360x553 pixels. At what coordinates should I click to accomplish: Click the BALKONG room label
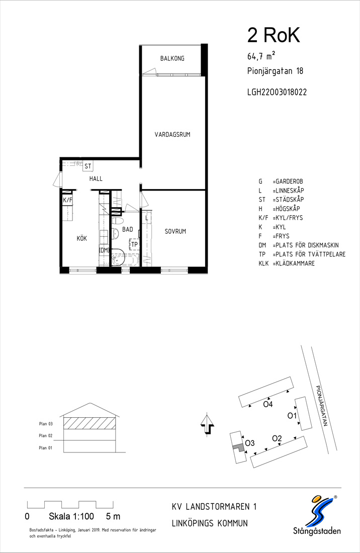pyautogui.click(x=172, y=58)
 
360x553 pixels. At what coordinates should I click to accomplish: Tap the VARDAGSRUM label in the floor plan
pyautogui.click(x=172, y=134)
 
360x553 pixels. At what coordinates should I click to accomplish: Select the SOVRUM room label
pyautogui.click(x=175, y=231)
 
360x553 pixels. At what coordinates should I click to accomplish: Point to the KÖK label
pyautogui.click(x=82, y=238)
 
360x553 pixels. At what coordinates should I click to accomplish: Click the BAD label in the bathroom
pyautogui.click(x=127, y=230)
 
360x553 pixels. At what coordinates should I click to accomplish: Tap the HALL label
pyautogui.click(x=96, y=179)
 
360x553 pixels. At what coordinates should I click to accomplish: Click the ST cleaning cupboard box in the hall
pyautogui.click(x=88, y=166)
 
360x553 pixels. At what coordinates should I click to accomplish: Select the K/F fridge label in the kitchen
pyautogui.click(x=67, y=200)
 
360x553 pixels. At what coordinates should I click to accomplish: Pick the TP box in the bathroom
pyautogui.click(x=134, y=244)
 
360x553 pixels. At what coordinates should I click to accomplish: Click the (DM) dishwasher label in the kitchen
pyautogui.click(x=104, y=250)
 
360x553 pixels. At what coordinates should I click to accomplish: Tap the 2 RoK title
pyautogui.click(x=274, y=36)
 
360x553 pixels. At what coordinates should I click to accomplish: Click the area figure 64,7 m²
pyautogui.click(x=261, y=56)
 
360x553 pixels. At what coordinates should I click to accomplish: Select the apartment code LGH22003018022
pyautogui.click(x=277, y=92)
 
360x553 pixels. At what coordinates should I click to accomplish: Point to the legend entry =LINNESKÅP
pyautogui.click(x=288, y=191)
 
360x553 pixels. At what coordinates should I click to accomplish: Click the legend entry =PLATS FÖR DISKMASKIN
pyautogui.click(x=305, y=245)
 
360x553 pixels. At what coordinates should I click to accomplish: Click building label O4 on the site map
pyautogui.click(x=268, y=404)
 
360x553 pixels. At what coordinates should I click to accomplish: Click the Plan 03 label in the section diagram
pyautogui.click(x=46, y=424)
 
